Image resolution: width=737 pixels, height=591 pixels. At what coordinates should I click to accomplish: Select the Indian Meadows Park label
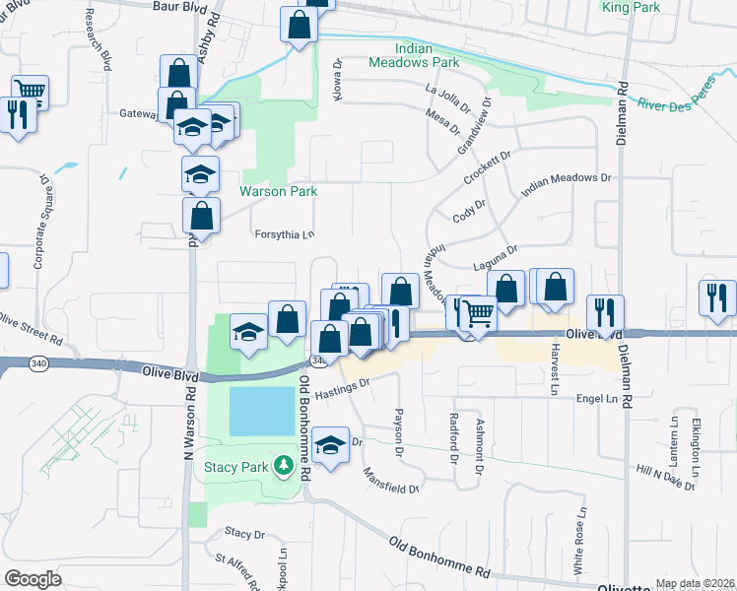coord(428,54)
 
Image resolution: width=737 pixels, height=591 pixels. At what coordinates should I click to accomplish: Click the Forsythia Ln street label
coord(284,234)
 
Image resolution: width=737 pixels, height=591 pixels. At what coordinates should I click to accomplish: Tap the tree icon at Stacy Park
coord(283,464)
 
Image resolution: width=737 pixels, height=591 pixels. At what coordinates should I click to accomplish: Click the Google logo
coord(33,579)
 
